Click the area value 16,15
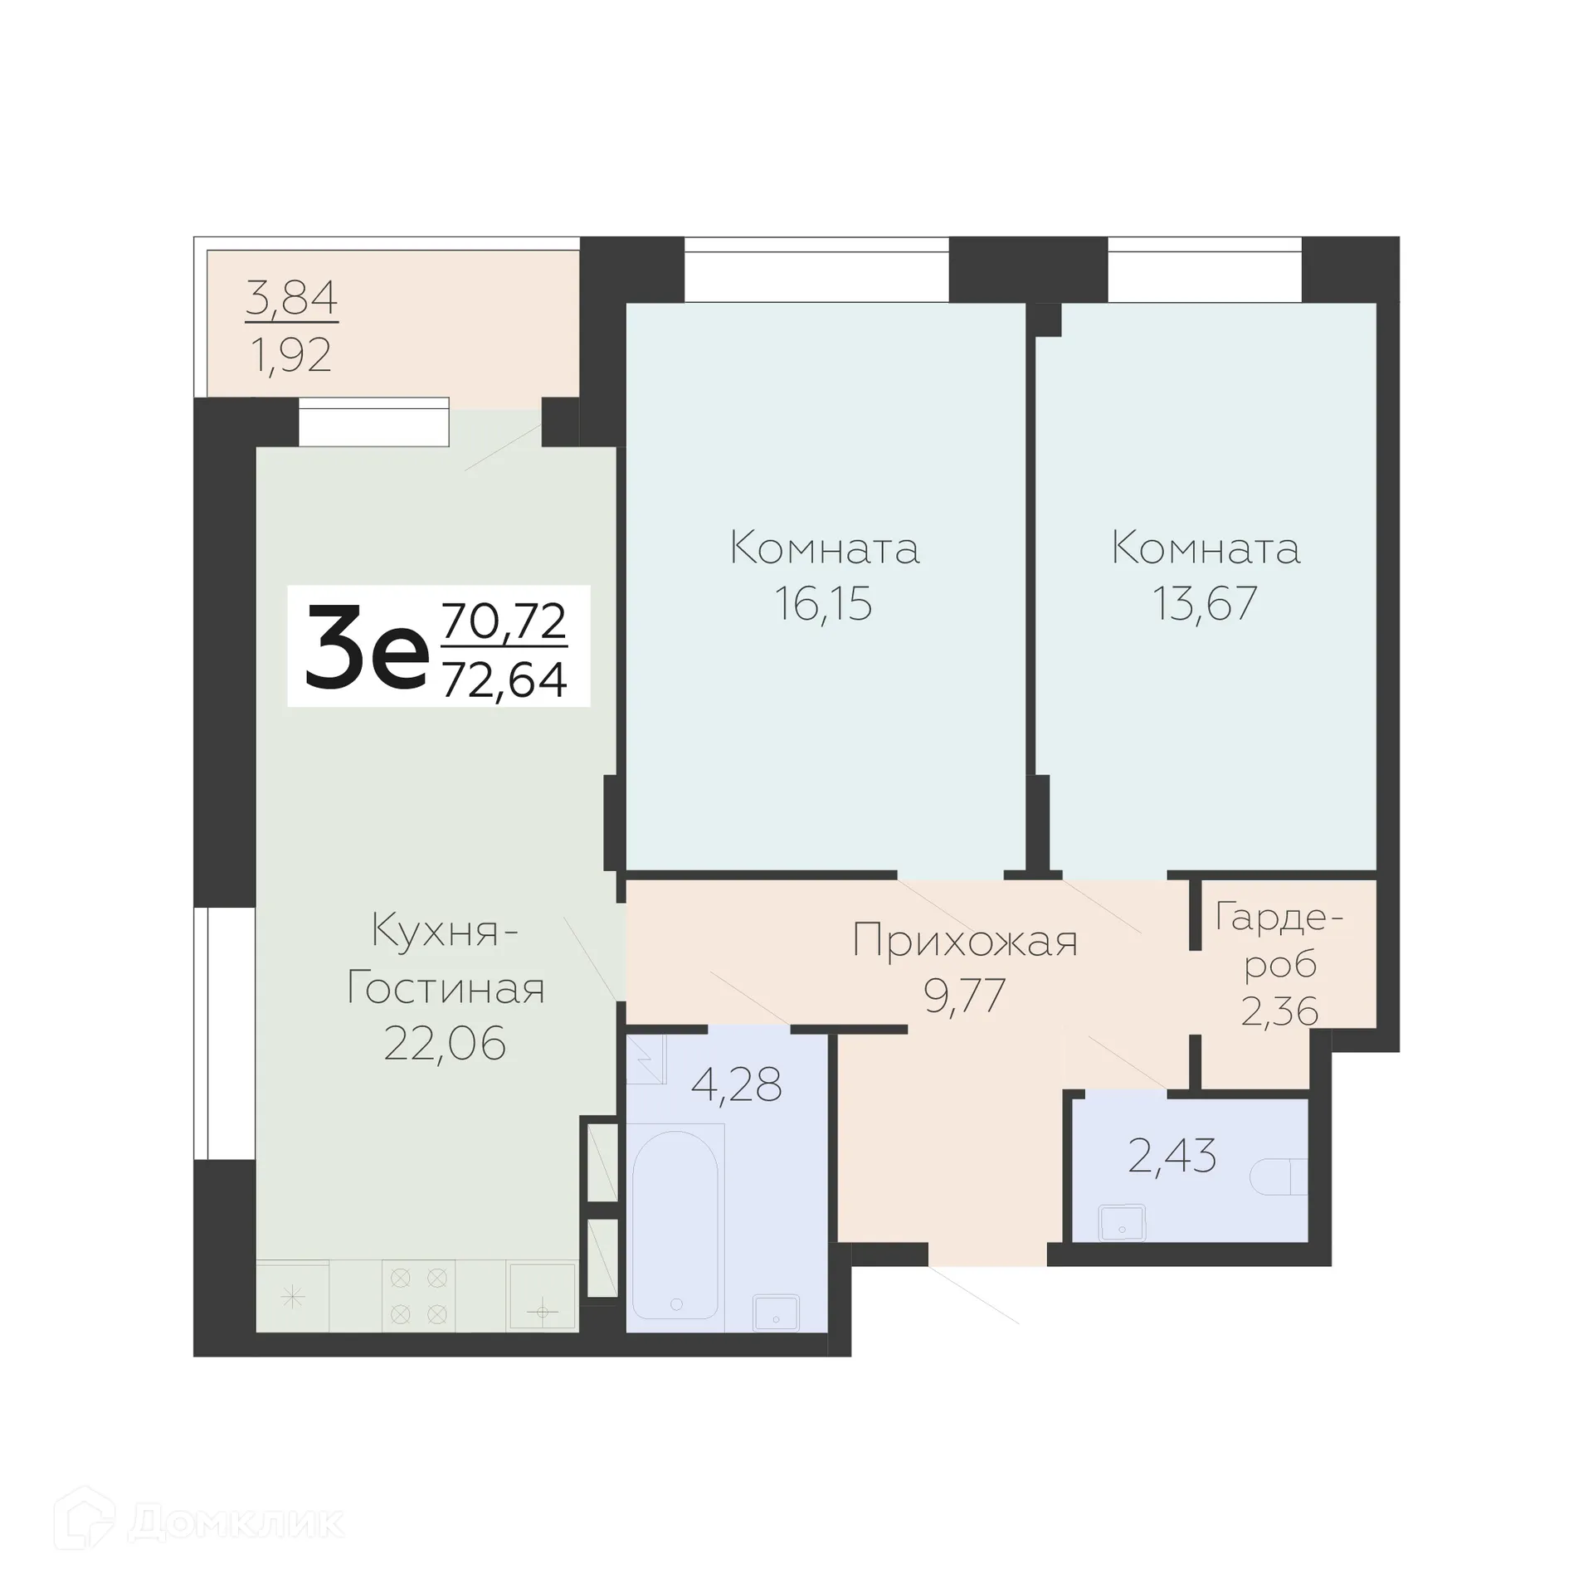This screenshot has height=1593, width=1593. pyautogui.click(x=823, y=604)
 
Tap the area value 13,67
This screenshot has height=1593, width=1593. pyautogui.click(x=1205, y=604)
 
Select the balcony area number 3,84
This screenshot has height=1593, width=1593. pyautogui.click(x=291, y=298)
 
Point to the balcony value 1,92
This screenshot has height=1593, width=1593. pyautogui.click(x=290, y=355)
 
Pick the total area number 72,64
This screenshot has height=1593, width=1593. pyautogui.click(x=504, y=680)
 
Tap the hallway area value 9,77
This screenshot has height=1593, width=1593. pyautogui.click(x=965, y=996)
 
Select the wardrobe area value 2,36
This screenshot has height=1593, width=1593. pyautogui.click(x=1279, y=1011)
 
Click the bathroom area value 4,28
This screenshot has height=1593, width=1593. pyautogui.click(x=736, y=1084)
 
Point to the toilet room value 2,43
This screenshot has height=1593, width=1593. pyautogui.click(x=1172, y=1156)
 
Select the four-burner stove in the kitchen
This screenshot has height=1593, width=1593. pyautogui.click(x=418, y=1296)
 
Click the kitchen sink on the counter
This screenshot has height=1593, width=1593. pyautogui.click(x=542, y=1296)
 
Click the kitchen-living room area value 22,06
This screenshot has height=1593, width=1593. pyautogui.click(x=445, y=1044)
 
